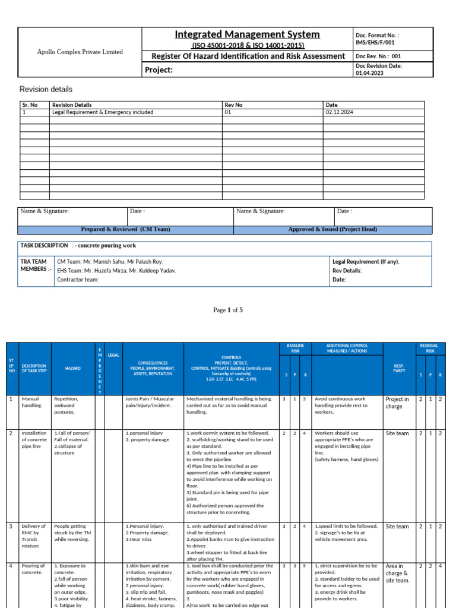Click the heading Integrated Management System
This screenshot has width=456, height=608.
click(x=247, y=34)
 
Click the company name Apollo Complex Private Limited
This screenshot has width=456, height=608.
click(x=80, y=52)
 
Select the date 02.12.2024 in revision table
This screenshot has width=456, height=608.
click(x=339, y=112)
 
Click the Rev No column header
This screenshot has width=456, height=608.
click(x=233, y=105)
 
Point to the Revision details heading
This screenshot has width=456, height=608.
click(x=46, y=90)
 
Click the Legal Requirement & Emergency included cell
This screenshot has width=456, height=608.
click(x=103, y=112)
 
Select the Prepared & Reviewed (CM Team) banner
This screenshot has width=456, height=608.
click(x=126, y=230)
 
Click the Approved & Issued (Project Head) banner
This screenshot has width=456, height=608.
click(x=332, y=230)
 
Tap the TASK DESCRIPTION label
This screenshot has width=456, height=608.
click(x=45, y=245)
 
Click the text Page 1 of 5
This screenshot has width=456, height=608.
click(x=228, y=310)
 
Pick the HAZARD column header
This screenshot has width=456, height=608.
click(x=72, y=369)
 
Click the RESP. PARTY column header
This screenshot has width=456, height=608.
click(x=398, y=369)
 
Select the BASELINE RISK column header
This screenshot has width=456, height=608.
click(x=295, y=349)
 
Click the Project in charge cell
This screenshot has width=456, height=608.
click(x=397, y=403)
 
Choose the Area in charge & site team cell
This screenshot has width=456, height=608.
click(x=397, y=574)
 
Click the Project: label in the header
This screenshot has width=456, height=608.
click(x=159, y=71)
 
